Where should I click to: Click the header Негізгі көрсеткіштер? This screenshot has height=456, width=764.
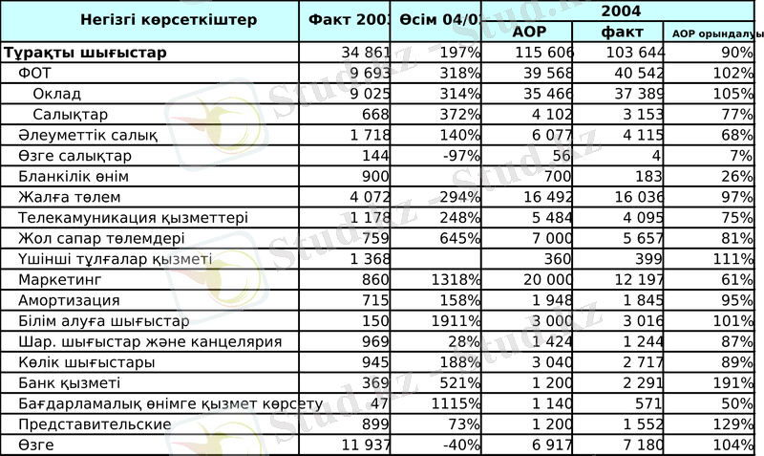155,19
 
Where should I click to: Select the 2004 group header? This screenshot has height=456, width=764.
621,11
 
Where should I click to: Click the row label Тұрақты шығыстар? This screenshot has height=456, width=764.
86,53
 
